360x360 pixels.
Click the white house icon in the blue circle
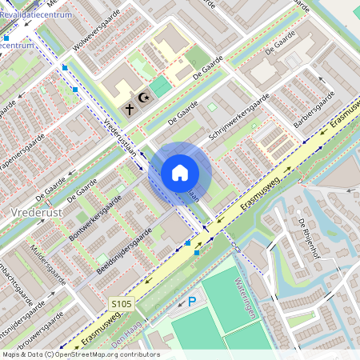pos(180,172)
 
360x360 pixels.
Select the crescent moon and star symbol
pos(145,98)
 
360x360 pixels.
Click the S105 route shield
pos(121,304)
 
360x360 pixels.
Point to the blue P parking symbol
pos(191,302)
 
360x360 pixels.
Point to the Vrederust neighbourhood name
pos(37,212)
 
